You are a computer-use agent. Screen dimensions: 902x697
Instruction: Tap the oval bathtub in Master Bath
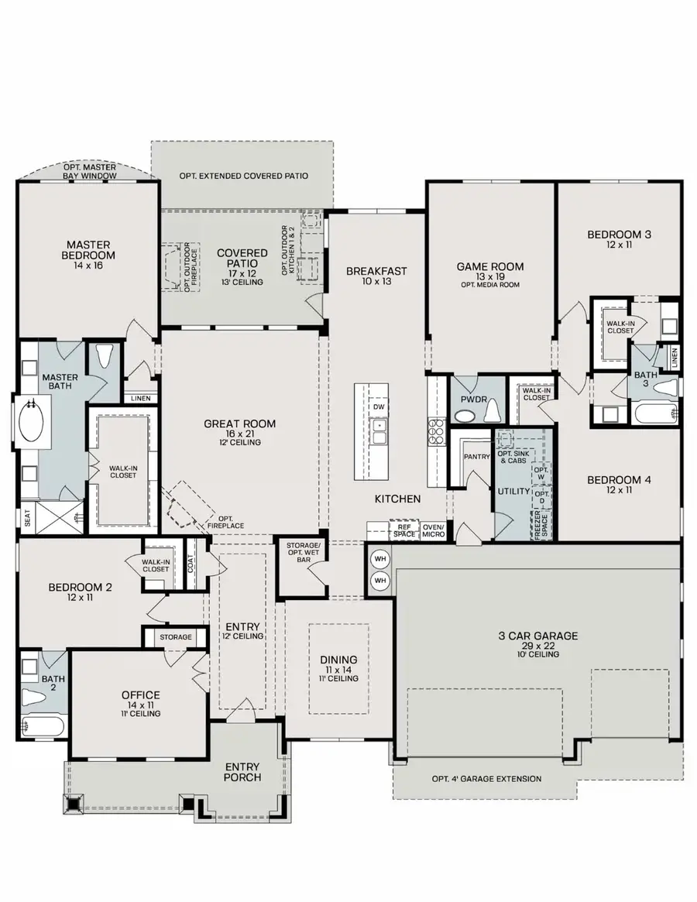tap(32, 420)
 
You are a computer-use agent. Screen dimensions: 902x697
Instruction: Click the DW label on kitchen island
tap(379, 407)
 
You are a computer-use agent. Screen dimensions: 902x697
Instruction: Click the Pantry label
tap(477, 457)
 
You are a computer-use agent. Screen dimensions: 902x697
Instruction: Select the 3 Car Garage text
tap(537, 636)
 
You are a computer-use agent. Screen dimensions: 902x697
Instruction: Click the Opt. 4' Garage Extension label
tap(486, 779)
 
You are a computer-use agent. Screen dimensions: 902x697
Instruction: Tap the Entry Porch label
tap(243, 772)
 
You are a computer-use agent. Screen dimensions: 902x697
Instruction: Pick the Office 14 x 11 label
tap(140, 699)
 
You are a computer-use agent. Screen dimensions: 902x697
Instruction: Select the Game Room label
tap(489, 266)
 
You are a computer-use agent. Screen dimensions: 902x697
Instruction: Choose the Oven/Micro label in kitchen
tap(434, 530)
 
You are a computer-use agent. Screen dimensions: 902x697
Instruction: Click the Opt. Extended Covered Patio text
tap(243, 176)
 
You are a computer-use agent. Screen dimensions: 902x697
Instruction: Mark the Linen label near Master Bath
tap(140, 398)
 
